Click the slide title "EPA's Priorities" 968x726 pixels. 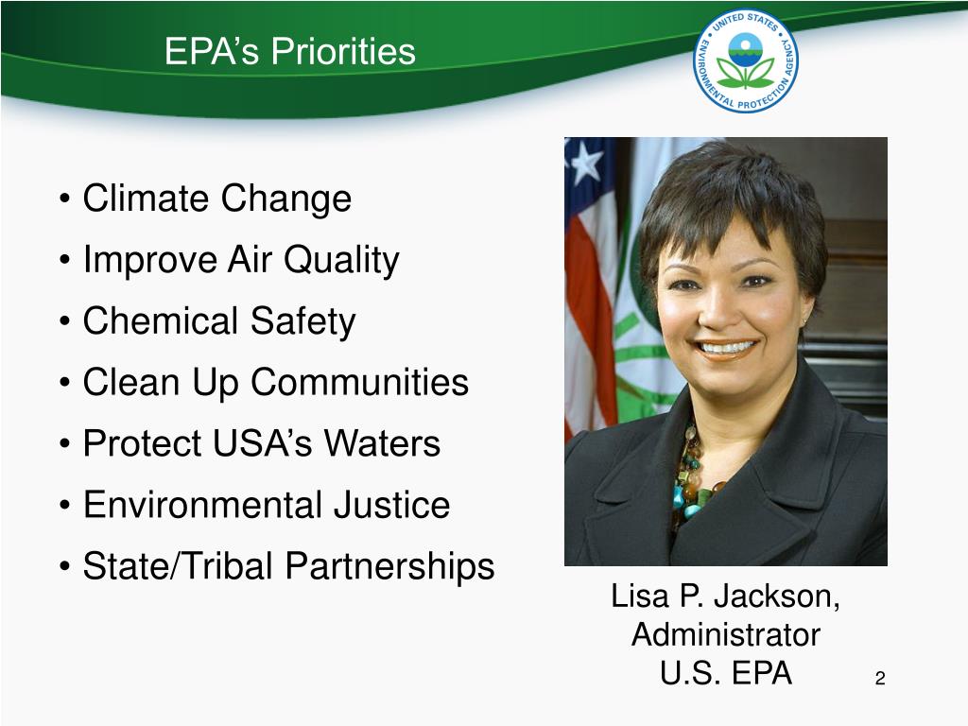coord(289,51)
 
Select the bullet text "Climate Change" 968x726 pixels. coord(216,199)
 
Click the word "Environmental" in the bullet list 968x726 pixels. coord(202,505)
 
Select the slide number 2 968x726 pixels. coord(879,679)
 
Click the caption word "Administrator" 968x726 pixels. coord(726,633)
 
